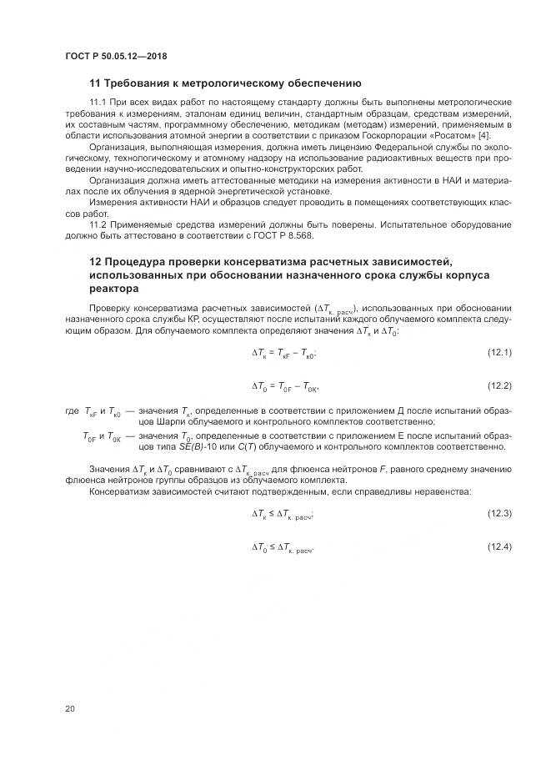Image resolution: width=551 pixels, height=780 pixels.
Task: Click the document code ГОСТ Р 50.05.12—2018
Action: pyautogui.click(x=115, y=56)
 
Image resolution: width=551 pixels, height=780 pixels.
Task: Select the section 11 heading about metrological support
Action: pyautogui.click(x=224, y=83)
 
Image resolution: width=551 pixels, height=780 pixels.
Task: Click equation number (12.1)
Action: pyautogui.click(x=499, y=353)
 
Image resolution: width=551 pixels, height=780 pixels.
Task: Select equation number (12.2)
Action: pyautogui.click(x=499, y=385)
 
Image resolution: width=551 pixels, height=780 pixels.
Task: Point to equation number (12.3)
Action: pyautogui.click(x=499, y=514)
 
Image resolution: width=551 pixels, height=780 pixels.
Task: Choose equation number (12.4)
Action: pyautogui.click(x=499, y=546)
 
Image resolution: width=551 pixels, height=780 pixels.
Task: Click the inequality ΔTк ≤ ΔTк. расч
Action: pyautogui.click(x=283, y=515)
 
